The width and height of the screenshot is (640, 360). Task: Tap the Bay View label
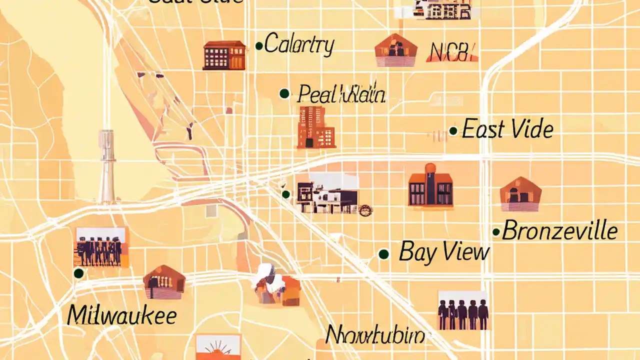443,251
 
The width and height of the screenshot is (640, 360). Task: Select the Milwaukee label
121,315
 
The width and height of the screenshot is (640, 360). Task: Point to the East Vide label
507,129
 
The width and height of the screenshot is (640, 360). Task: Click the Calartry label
299,45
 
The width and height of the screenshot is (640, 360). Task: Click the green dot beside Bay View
383,254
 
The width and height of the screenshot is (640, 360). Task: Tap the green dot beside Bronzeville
496,232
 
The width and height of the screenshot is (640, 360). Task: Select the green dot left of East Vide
453,131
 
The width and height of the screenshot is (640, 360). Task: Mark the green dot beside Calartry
259,46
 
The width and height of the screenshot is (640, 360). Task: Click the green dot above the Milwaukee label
78,273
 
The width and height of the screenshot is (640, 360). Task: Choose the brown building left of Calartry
224,55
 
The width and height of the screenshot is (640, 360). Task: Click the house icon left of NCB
396,50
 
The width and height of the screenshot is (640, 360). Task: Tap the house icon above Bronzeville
520,194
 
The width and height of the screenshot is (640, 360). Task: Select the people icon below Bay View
462,310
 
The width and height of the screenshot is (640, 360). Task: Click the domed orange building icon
430,185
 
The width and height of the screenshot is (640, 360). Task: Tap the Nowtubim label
375,335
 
